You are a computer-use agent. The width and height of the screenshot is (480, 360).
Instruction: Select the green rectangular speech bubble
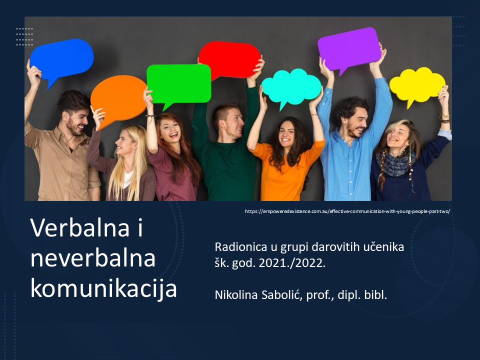(179, 84)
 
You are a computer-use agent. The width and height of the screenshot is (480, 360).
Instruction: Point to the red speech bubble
(229, 59)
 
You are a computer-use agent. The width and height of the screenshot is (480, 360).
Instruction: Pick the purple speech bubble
(349, 49)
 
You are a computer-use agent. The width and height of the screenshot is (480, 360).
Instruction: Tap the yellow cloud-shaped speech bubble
(417, 85)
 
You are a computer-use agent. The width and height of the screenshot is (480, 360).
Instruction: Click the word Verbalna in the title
(80, 228)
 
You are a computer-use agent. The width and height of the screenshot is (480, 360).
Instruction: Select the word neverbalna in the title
(93, 258)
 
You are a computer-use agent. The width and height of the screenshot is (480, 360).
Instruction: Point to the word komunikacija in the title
(104, 289)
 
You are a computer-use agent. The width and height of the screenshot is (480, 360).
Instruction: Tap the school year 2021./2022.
(292, 263)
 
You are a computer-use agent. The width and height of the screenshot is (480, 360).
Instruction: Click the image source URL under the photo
(347, 211)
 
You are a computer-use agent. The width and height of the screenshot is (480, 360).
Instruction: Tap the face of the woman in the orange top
(286, 134)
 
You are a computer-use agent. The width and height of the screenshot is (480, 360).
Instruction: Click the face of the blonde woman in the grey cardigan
(125, 143)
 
